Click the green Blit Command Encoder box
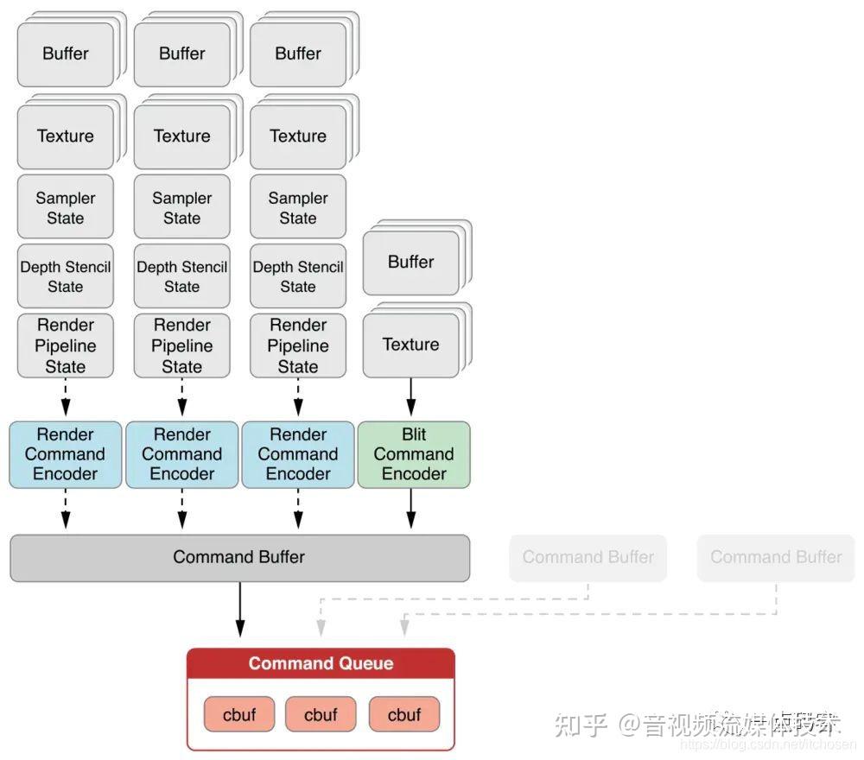[414, 454]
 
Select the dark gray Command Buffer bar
[239, 557]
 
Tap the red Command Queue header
[321, 663]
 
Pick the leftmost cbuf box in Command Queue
[239, 714]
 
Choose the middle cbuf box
[321, 714]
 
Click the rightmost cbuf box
[403, 714]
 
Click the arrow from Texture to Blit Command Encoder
[411, 398]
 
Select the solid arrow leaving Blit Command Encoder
[411, 509]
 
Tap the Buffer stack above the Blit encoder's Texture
[411, 262]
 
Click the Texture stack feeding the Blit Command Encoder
[411, 345]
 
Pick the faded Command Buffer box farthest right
[775, 557]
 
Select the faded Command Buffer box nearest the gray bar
[588, 557]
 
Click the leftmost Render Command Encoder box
[65, 454]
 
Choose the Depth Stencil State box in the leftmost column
[65, 276]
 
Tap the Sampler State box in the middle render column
[181, 207]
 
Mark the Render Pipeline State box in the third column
[298, 345]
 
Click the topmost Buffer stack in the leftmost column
[66, 54]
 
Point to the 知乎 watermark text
[581, 724]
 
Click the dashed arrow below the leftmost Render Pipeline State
[65, 398]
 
